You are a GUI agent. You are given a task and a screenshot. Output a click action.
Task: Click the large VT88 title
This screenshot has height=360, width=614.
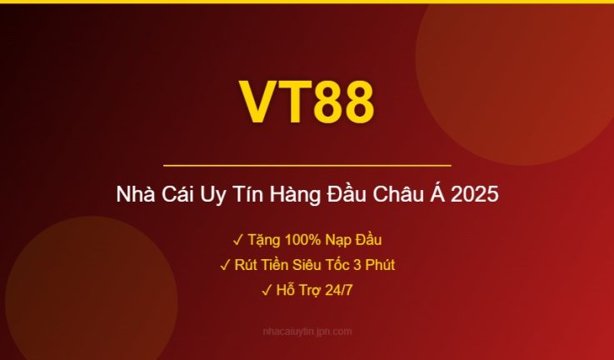[x=307, y=102]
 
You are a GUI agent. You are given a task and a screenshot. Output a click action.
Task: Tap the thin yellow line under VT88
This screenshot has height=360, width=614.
[x=307, y=166]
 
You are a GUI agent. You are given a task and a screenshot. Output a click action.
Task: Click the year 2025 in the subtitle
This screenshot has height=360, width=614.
[x=476, y=196]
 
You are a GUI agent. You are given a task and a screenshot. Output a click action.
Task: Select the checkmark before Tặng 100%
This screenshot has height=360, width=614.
[x=237, y=240]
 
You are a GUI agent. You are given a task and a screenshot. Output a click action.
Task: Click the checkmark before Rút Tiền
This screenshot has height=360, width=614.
[x=225, y=265]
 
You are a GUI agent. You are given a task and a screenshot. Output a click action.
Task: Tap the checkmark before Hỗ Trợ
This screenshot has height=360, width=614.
[x=267, y=290]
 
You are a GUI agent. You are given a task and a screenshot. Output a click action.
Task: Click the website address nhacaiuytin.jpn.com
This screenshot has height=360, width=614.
[x=307, y=331]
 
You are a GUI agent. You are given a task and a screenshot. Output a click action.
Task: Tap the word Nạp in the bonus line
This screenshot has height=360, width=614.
[x=333, y=240]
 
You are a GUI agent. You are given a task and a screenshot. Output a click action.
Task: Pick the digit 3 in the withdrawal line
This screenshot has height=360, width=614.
[x=353, y=265]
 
